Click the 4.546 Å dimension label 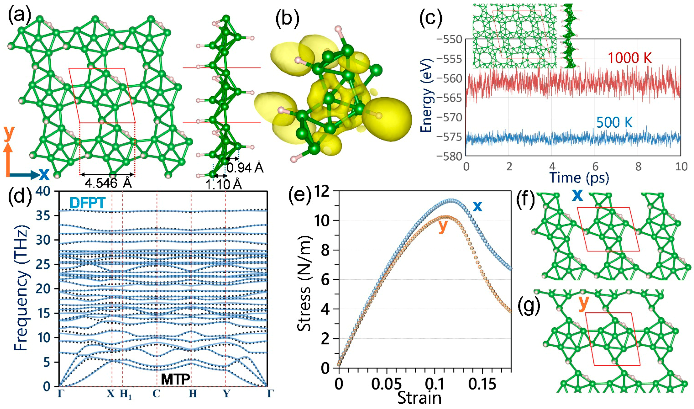point(108,183)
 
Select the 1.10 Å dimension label point(224,184)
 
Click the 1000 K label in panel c point(629,58)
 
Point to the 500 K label point(615,122)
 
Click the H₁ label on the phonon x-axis point(125,394)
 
